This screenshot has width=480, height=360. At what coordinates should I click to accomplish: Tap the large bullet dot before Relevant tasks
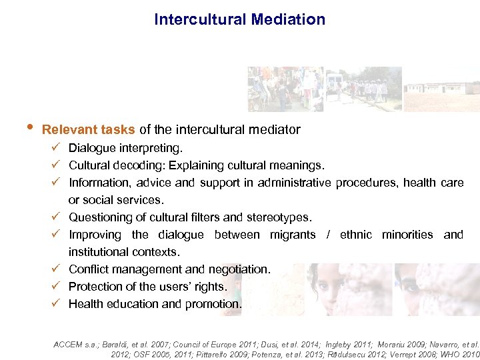point(25,129)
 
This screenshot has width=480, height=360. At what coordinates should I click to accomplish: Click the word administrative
point(290,182)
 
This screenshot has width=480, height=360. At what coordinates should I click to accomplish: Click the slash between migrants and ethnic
point(328,234)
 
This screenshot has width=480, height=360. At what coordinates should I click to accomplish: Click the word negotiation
point(238,269)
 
